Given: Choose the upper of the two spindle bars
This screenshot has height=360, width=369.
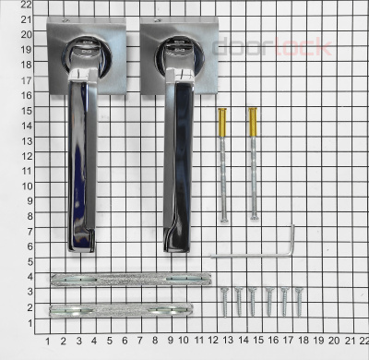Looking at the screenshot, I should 132,279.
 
